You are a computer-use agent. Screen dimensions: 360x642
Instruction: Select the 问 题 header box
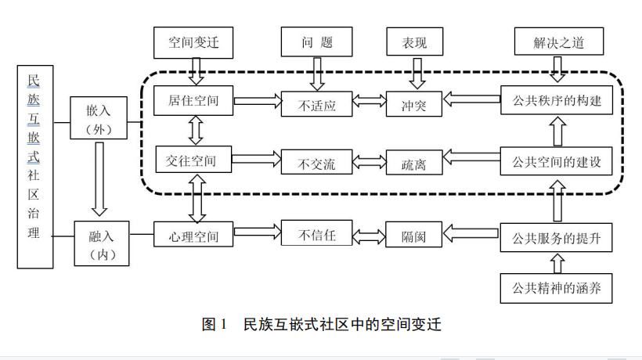(x=316, y=42)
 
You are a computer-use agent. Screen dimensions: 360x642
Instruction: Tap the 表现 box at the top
(x=414, y=42)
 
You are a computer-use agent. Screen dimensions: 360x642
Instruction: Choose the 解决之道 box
(x=558, y=42)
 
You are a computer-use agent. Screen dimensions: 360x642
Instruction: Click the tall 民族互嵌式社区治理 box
(x=35, y=167)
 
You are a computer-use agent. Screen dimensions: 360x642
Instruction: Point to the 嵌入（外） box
(x=99, y=118)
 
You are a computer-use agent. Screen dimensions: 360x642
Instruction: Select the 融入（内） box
(x=102, y=243)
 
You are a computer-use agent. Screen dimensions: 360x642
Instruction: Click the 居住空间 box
(x=193, y=102)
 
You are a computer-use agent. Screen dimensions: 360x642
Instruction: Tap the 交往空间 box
(x=193, y=160)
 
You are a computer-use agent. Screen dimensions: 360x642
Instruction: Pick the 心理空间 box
(x=193, y=233)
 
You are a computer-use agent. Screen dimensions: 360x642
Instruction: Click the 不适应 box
(x=316, y=103)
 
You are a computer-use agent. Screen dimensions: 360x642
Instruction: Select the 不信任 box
(x=316, y=233)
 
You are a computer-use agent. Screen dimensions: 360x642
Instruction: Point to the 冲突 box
(x=413, y=103)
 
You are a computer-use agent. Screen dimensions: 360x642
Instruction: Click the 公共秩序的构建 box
(x=556, y=102)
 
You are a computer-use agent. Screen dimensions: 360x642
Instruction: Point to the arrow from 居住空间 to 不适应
(x=257, y=101)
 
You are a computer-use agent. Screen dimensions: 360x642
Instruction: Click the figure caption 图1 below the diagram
(x=321, y=324)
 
